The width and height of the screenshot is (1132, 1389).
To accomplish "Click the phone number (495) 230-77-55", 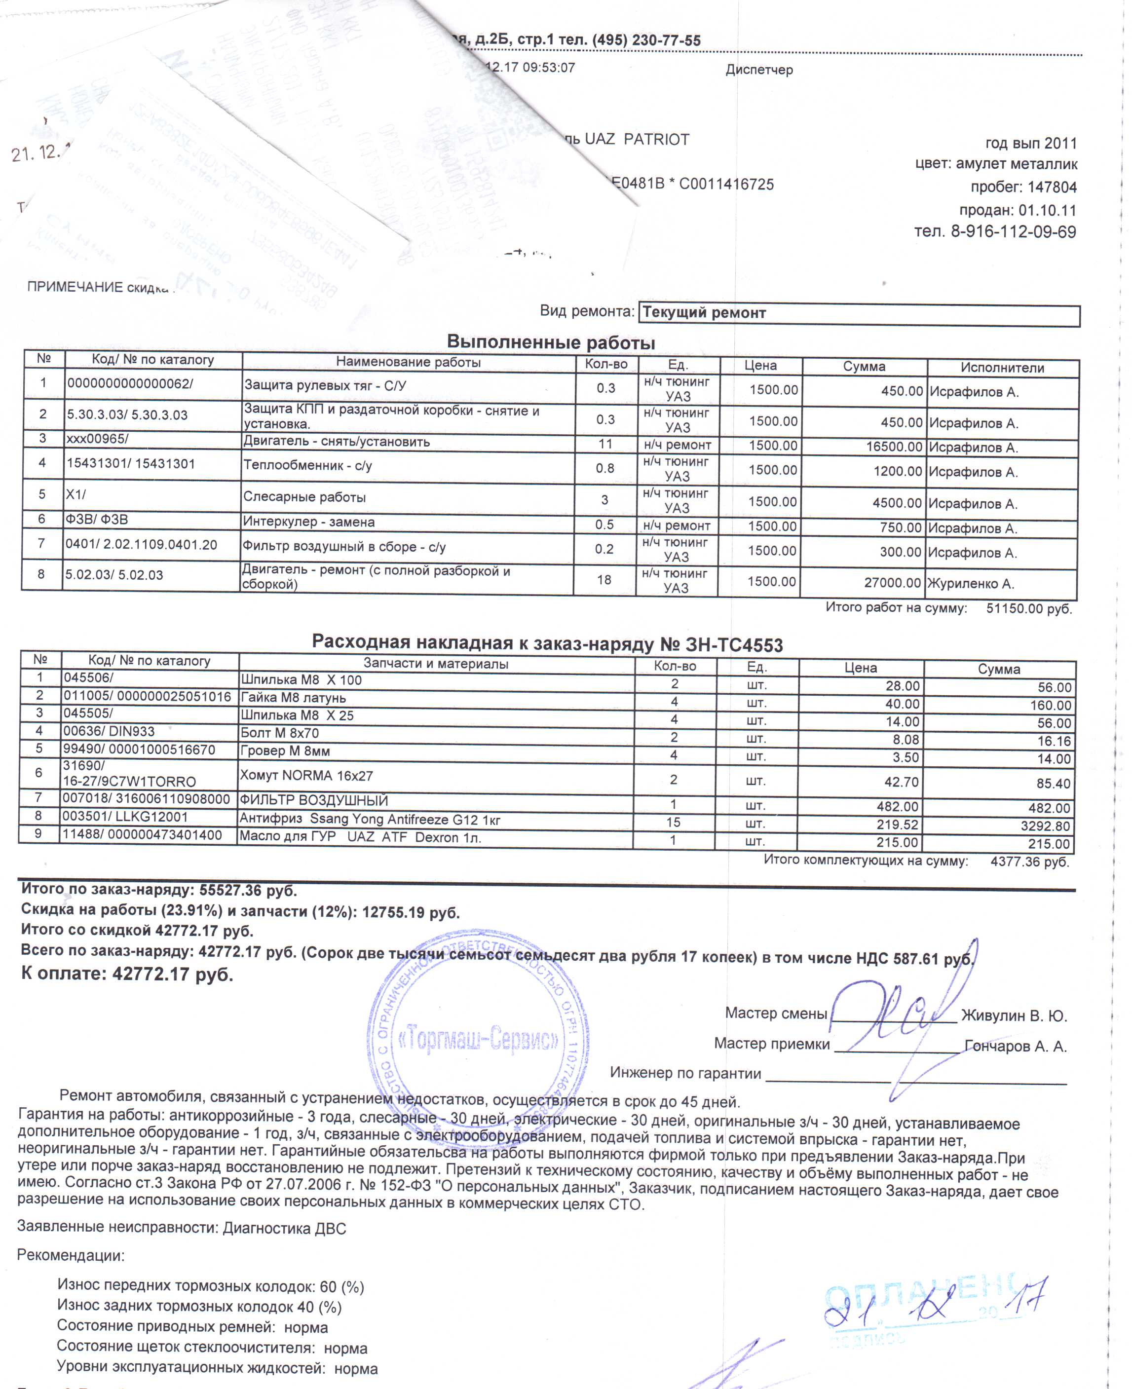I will click(x=645, y=40).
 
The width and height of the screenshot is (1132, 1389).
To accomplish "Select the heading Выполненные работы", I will click(x=551, y=342).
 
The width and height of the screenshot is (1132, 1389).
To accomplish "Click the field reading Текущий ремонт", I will click(x=704, y=313).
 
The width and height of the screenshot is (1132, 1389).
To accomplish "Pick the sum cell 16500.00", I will click(x=891, y=448).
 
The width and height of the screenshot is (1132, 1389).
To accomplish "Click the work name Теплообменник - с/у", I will click(x=307, y=466).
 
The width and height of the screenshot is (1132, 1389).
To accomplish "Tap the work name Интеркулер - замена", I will click(x=309, y=522).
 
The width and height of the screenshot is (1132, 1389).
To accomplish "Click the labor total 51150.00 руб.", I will click(x=1028, y=608).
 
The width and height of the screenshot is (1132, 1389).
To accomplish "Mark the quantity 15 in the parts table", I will click(x=674, y=823).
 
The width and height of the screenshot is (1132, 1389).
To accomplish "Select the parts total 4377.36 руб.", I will click(x=1029, y=862).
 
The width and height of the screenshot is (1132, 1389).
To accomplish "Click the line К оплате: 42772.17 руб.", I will click(x=127, y=974).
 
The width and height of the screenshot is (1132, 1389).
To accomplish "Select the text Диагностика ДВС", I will click(x=284, y=1229).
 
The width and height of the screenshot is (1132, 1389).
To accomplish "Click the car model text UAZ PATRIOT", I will click(x=637, y=140).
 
